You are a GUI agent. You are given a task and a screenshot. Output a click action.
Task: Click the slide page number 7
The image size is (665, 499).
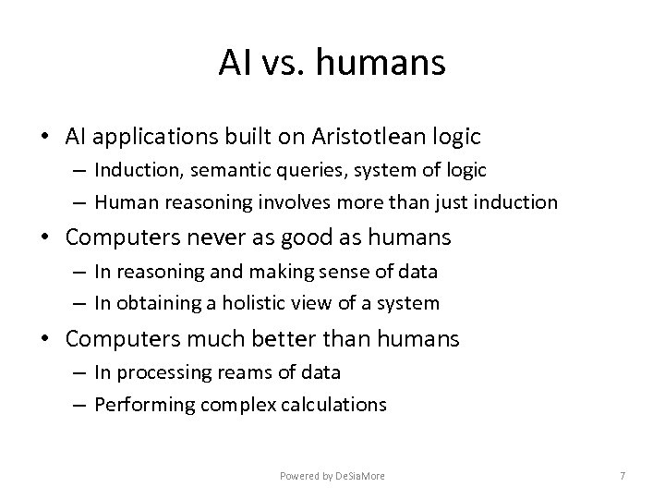tap(623, 475)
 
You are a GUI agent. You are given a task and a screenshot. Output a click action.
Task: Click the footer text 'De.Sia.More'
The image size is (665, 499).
tap(360, 475)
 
